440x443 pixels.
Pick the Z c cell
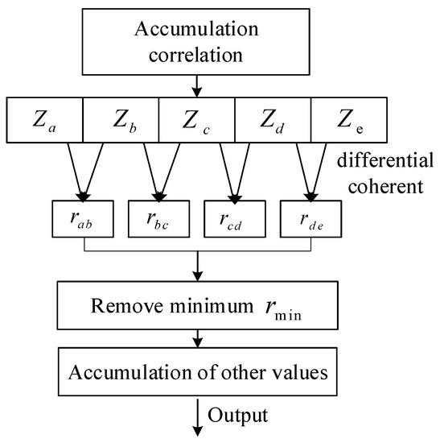point(196,123)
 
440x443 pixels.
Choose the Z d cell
point(271,123)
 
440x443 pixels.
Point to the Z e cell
point(347,123)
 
